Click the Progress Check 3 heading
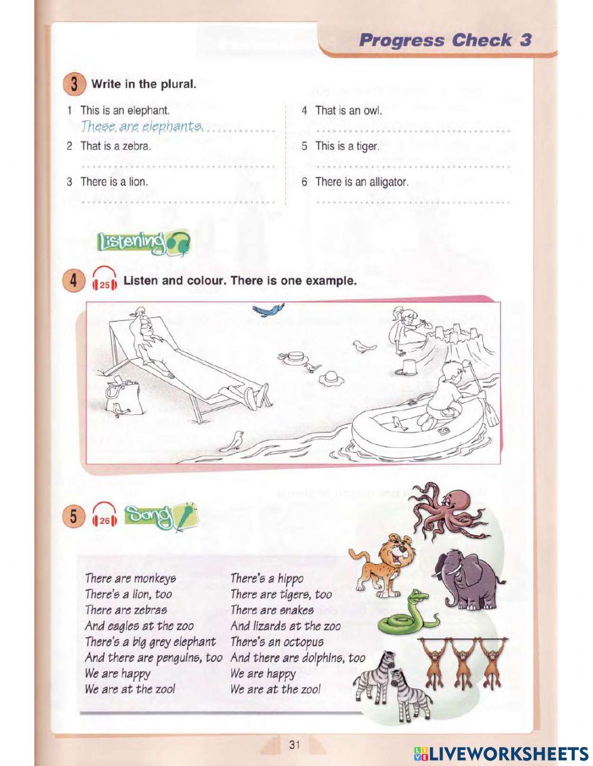(x=445, y=40)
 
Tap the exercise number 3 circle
(x=75, y=84)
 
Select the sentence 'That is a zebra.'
(x=116, y=146)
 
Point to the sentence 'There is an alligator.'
(x=362, y=182)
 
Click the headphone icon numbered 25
(x=105, y=280)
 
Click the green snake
(x=406, y=614)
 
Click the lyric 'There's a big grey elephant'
(x=150, y=642)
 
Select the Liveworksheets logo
(x=500, y=754)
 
